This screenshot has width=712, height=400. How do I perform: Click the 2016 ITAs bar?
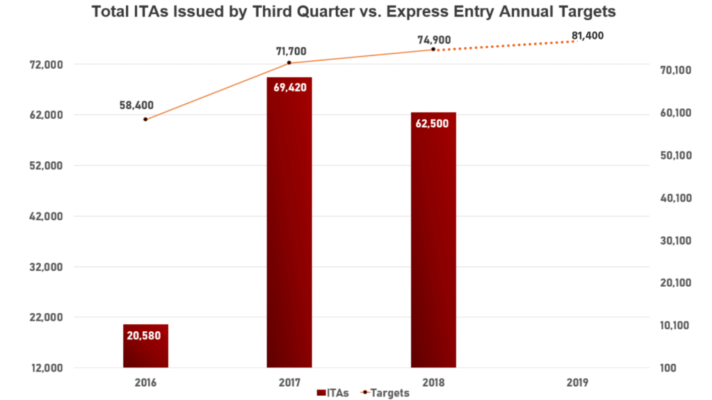[x=146, y=346]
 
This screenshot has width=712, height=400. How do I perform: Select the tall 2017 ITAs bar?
[x=289, y=222]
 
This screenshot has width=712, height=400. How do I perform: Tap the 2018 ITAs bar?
[x=433, y=240]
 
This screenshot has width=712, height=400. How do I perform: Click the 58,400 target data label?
[x=136, y=105]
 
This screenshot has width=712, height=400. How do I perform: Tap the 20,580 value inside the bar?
[x=146, y=335]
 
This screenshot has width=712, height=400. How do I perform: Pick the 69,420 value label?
[x=289, y=88]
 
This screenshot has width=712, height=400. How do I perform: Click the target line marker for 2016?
[x=145, y=119]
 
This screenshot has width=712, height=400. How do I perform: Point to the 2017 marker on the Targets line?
[x=289, y=63]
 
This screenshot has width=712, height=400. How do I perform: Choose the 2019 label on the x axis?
[x=577, y=382]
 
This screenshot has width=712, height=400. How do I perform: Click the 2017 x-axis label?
[x=289, y=382]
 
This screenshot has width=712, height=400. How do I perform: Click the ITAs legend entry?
[x=332, y=393]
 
